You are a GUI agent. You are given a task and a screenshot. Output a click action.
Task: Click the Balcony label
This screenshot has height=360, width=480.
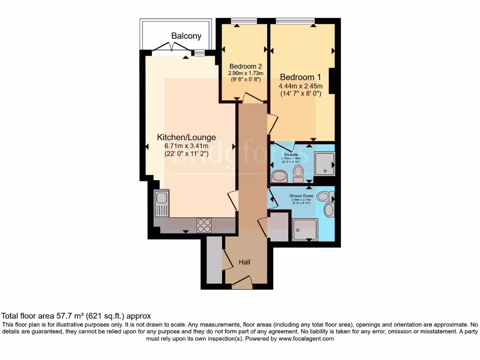pos(186,36)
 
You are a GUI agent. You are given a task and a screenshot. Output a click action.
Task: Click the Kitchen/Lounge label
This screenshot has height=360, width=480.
pos(186,137)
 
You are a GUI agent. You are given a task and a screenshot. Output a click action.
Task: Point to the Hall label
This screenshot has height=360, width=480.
pos(244,262)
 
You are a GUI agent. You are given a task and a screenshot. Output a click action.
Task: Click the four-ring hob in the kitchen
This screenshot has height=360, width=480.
pos(204,225)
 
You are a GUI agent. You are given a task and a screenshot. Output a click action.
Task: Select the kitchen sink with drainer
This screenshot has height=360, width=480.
pos(162,204)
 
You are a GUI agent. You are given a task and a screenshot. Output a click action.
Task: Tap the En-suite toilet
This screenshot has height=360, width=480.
pos(298,173)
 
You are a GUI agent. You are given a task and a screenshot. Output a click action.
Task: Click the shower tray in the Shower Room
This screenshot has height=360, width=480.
pos(305,229)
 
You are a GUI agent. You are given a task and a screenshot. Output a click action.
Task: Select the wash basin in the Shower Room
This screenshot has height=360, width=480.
pos(329,210)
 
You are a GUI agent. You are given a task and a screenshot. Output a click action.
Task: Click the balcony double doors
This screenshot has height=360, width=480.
pos(172,47)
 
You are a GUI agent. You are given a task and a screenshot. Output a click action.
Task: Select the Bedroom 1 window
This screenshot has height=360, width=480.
pos(295,21)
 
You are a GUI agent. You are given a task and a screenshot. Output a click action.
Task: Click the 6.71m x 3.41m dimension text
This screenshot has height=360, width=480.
pos(186,146)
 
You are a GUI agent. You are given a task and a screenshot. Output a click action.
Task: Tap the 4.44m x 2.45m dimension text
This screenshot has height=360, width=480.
pos(300,86)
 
